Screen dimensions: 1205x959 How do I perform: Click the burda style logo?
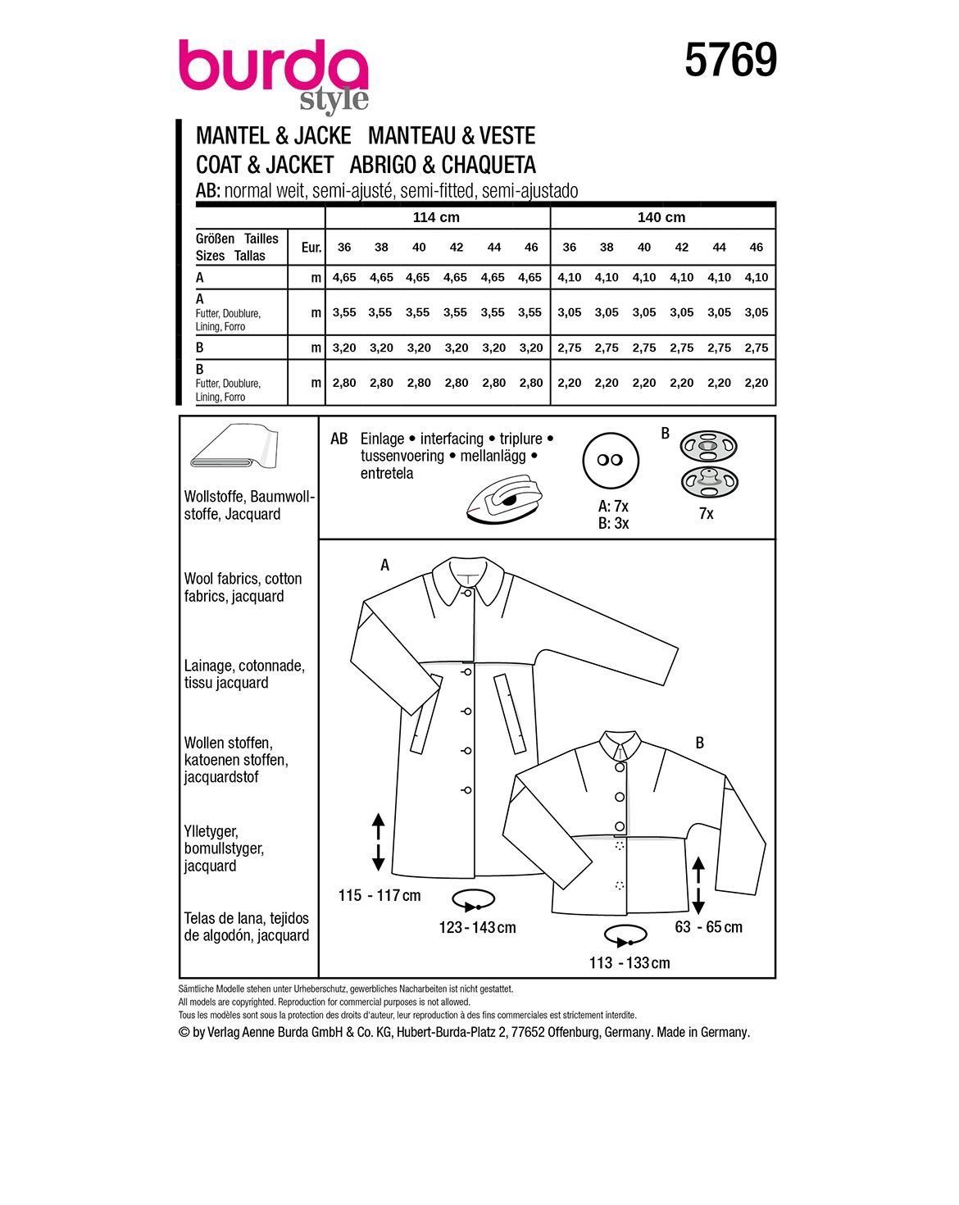click(x=274, y=73)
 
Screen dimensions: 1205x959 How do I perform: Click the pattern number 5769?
click(x=730, y=61)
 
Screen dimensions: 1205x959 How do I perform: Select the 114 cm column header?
click(x=438, y=217)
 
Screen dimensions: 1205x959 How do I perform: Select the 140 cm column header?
click(x=662, y=217)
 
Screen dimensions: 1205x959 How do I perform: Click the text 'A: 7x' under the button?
click(x=613, y=507)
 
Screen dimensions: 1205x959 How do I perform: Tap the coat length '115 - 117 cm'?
click(x=380, y=895)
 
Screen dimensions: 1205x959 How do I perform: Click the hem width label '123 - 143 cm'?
click(x=478, y=927)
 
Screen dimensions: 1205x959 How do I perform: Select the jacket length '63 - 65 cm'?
click(x=708, y=927)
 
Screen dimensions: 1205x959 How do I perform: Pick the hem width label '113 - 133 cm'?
click(x=629, y=963)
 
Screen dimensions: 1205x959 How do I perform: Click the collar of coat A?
click(x=470, y=578)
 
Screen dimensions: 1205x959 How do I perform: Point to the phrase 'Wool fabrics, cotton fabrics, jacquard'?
click(x=243, y=588)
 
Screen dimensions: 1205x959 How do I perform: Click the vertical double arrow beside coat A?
click(x=378, y=842)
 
